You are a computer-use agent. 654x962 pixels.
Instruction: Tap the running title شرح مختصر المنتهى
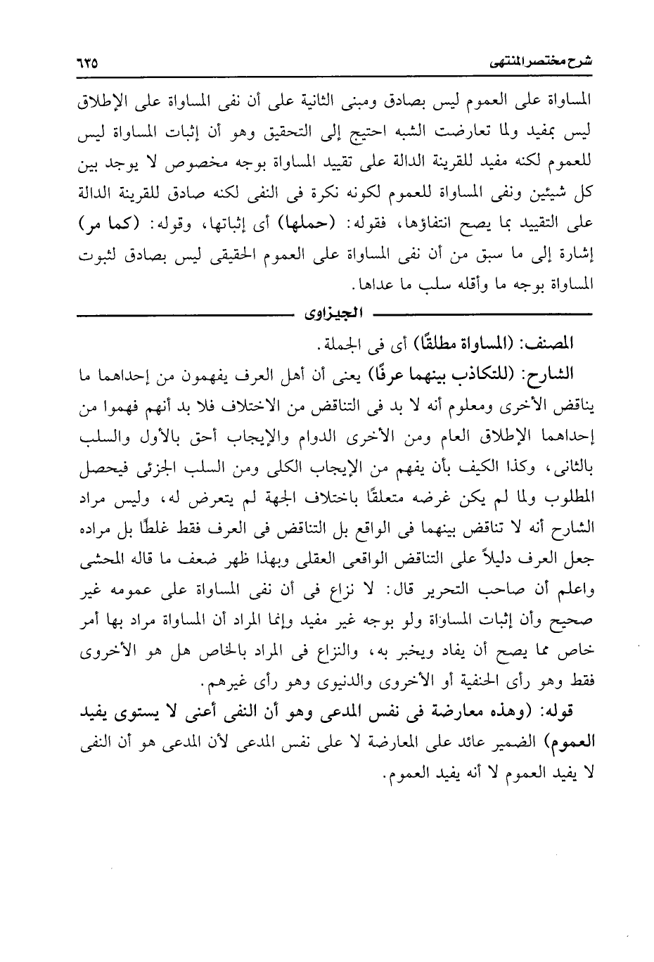539,62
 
